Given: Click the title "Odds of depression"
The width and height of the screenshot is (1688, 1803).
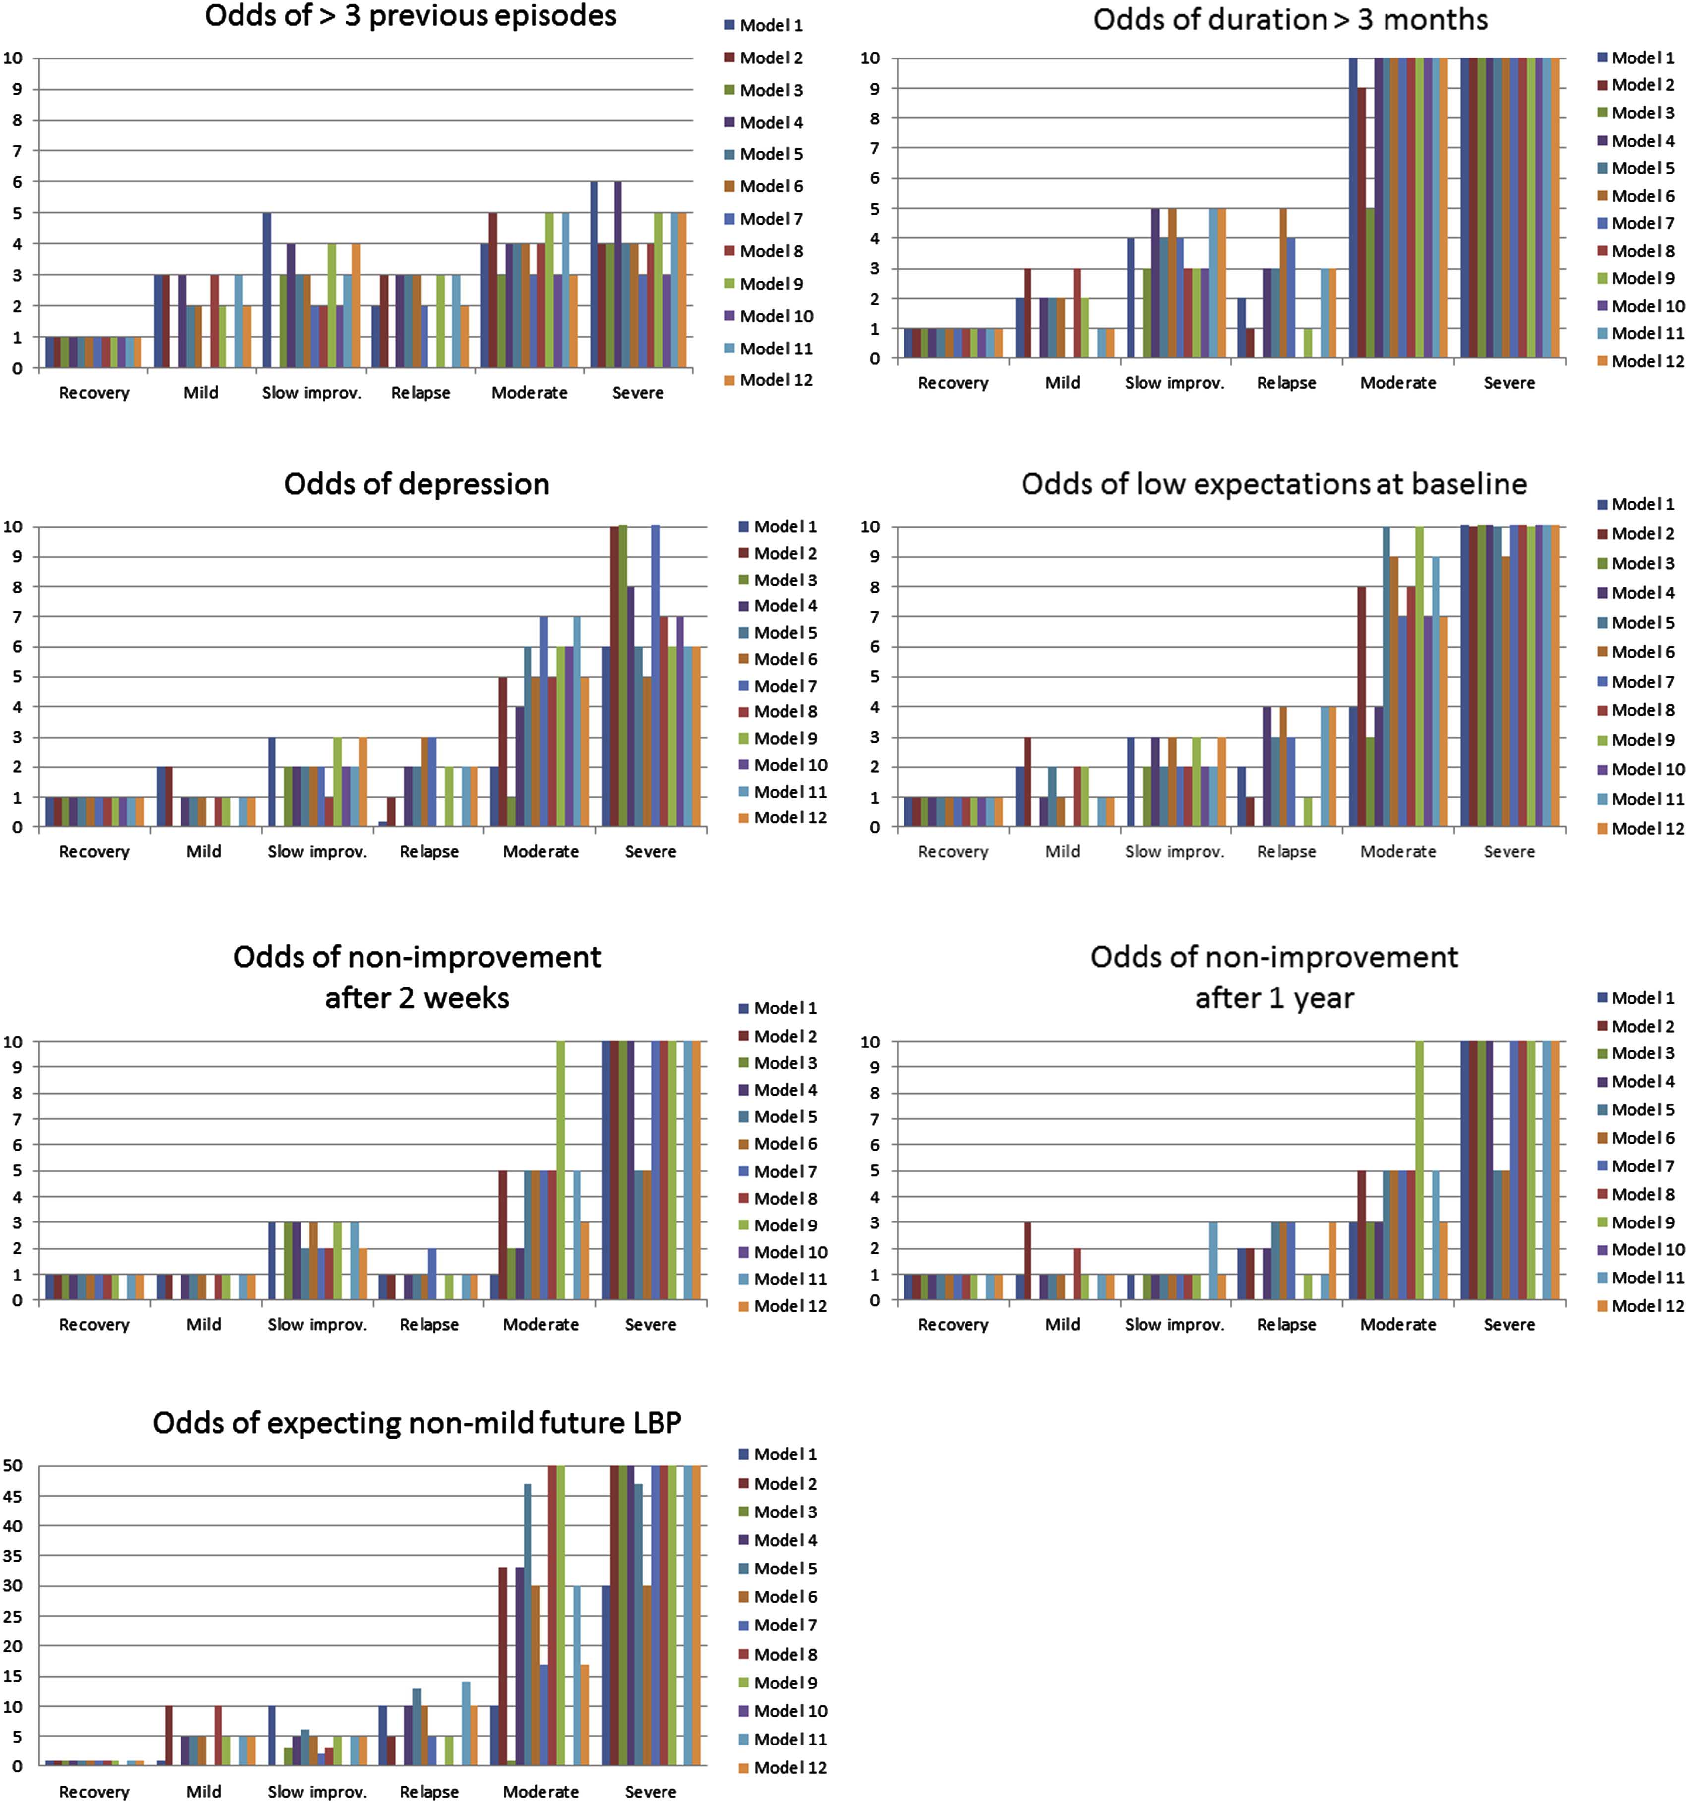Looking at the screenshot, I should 417,484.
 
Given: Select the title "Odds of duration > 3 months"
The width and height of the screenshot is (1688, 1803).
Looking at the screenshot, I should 1290,20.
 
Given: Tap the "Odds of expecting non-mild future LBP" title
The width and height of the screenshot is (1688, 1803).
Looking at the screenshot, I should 417,1422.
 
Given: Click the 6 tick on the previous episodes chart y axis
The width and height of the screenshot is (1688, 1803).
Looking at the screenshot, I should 16,181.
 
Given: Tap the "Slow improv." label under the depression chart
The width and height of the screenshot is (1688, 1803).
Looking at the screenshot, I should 316,852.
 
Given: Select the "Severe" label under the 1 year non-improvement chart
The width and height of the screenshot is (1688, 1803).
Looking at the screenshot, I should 1508,1324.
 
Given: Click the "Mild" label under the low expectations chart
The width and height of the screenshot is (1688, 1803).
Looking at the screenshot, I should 1062,852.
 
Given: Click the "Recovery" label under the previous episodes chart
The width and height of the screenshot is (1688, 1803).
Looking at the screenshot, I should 94,393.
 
